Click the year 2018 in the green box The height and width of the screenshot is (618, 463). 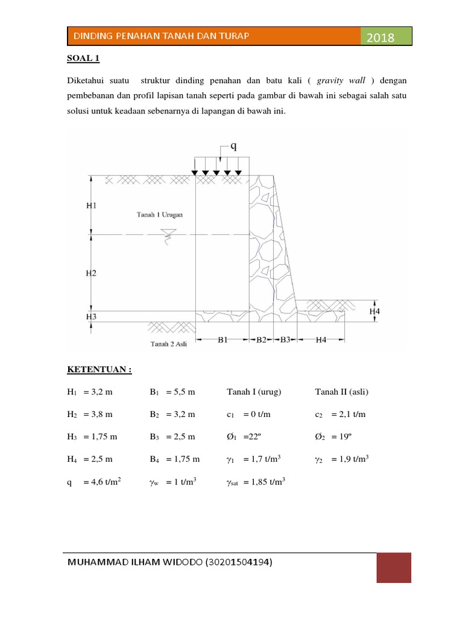point(380,38)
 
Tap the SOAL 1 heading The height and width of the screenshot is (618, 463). point(83,59)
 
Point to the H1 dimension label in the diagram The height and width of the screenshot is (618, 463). point(90,205)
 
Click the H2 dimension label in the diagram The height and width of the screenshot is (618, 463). point(90,273)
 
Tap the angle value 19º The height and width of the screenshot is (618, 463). point(341,437)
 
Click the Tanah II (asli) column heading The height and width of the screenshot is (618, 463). point(341,392)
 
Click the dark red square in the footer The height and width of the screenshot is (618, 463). point(394,569)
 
